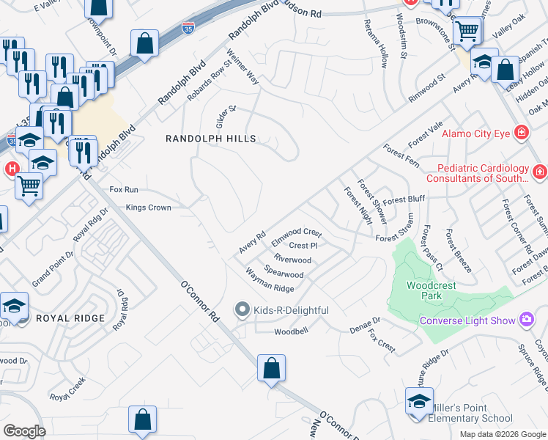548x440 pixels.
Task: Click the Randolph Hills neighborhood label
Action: pyautogui.click(x=210, y=139)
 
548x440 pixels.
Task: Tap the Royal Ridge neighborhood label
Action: pyautogui.click(x=72, y=319)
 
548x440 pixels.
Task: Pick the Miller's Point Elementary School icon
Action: pyautogui.click(x=419, y=401)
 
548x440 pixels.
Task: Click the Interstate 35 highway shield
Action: pyautogui.click(x=188, y=30)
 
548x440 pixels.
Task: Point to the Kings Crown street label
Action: pyautogui.click(x=148, y=208)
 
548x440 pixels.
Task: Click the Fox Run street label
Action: pyautogui.click(x=124, y=189)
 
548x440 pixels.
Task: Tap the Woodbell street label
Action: pyautogui.click(x=291, y=331)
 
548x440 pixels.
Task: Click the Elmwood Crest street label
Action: pyautogui.click(x=297, y=236)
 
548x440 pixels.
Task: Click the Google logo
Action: pyautogui.click(x=24, y=431)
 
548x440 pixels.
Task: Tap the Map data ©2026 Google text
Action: pyautogui.click(x=502, y=434)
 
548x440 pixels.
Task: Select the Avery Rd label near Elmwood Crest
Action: pyautogui.click(x=252, y=243)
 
